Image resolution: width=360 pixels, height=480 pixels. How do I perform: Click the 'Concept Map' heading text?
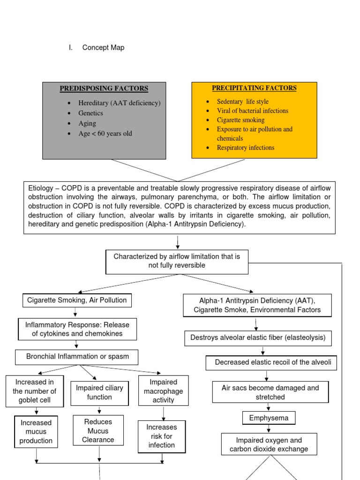coord(103,48)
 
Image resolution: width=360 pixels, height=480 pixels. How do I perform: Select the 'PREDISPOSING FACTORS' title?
coord(104,89)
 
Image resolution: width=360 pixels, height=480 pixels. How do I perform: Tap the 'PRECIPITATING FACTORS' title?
coord(254,88)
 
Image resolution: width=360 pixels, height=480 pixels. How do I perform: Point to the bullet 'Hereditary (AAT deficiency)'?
coord(119,103)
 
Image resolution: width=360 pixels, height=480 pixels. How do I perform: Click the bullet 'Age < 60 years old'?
coord(105,134)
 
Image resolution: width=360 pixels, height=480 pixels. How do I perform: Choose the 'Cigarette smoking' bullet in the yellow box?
coord(240,120)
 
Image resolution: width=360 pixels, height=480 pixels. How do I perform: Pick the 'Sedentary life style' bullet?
coord(242,102)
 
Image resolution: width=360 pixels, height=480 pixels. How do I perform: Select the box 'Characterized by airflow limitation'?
coord(177,261)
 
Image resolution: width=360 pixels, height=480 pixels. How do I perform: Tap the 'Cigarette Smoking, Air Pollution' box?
coord(77,300)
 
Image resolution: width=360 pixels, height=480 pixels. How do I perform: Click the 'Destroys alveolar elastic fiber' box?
coord(258,337)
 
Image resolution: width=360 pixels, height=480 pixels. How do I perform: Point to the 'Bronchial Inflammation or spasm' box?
coord(77,357)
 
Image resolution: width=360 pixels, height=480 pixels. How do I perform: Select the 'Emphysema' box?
coord(269,418)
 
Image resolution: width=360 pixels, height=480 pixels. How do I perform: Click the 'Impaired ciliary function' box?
coord(99,392)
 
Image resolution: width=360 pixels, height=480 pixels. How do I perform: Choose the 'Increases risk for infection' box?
coord(162,436)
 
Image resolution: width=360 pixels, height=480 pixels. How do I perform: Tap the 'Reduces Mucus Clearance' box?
coord(98,431)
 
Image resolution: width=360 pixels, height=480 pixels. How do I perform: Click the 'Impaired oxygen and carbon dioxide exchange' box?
coord(269,444)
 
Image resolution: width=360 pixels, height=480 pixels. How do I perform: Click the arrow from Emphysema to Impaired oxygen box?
coord(269,428)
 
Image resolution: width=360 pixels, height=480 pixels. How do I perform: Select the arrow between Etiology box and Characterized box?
coord(178,242)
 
